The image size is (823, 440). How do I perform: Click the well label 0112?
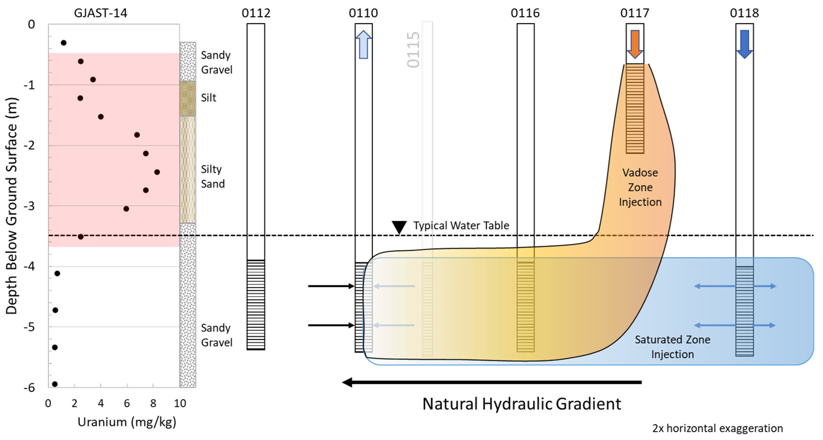click(256, 13)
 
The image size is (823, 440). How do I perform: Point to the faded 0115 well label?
click(413, 49)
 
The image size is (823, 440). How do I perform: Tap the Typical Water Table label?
click(461, 225)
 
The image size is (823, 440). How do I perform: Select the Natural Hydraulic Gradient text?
click(521, 404)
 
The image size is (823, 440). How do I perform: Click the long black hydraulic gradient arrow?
click(492, 382)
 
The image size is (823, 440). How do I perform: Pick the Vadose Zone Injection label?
click(640, 187)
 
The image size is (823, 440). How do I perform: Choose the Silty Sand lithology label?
click(212, 176)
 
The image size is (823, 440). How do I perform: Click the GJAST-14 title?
click(101, 13)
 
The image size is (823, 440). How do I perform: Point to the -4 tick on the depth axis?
click(29, 266)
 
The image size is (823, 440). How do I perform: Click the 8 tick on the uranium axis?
click(153, 404)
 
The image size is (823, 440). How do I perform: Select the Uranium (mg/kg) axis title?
click(127, 422)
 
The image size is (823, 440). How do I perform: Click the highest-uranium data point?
click(157, 172)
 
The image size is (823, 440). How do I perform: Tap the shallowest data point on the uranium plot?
click(64, 42)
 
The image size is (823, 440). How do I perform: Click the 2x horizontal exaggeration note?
click(717, 428)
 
